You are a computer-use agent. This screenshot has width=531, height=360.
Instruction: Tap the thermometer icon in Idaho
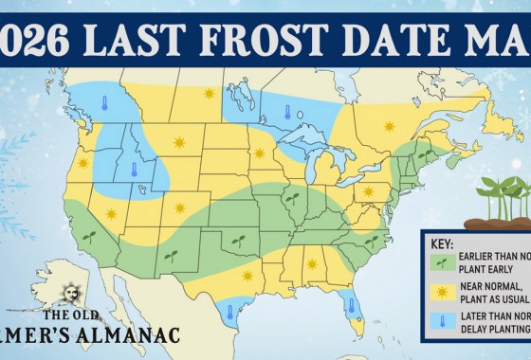coord(134,171)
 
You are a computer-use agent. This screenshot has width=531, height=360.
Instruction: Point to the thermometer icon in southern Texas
coord(229,309)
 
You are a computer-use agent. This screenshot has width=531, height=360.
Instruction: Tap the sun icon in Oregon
coord(82,163)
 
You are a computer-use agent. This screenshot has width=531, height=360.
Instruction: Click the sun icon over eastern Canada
coord(388,125)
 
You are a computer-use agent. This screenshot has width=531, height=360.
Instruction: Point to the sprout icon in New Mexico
coord(172,255)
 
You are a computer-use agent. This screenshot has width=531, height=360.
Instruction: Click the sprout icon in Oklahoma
coord(238,241)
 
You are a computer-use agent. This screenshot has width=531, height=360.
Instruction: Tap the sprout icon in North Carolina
coord(371,240)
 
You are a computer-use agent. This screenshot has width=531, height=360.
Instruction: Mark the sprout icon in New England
coord(425,152)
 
